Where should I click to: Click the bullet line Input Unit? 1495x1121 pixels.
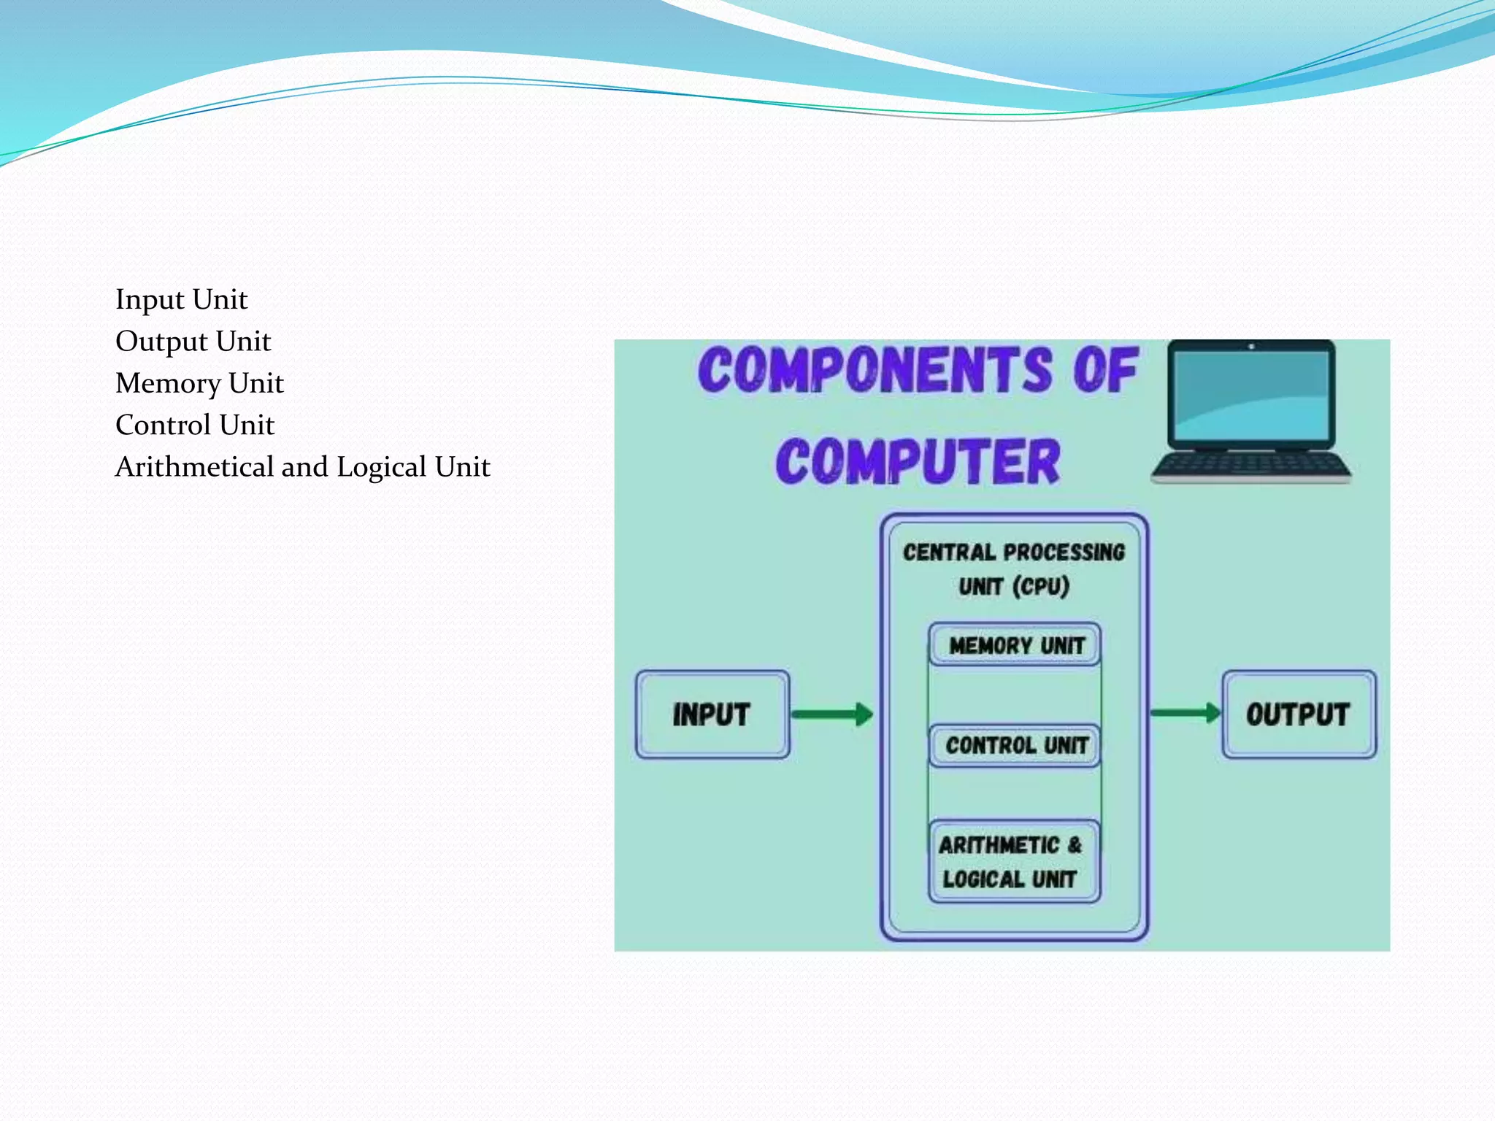pos(181,299)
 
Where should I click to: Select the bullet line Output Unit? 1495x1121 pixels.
pos(193,342)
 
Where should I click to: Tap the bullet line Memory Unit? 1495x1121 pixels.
pos(199,383)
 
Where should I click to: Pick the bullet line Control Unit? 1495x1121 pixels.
pos(195,425)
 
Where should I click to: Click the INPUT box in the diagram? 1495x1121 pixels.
pos(712,714)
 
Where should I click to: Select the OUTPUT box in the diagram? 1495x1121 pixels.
pos(1298,714)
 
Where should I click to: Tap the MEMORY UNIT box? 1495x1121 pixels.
pos(1015,645)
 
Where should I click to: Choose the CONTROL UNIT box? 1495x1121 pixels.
pos(1015,745)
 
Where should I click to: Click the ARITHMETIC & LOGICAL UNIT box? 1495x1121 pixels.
pos(1013,862)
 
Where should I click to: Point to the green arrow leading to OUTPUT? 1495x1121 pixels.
pos(1185,713)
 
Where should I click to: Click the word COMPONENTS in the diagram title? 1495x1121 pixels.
pos(876,370)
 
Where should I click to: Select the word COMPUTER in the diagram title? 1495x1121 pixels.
pos(918,462)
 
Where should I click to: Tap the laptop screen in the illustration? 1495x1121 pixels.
pos(1250,394)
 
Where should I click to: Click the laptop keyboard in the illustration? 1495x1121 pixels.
pos(1250,464)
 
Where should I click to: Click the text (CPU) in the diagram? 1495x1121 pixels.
pos(1041,586)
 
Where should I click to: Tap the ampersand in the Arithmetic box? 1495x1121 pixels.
pos(1074,844)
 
